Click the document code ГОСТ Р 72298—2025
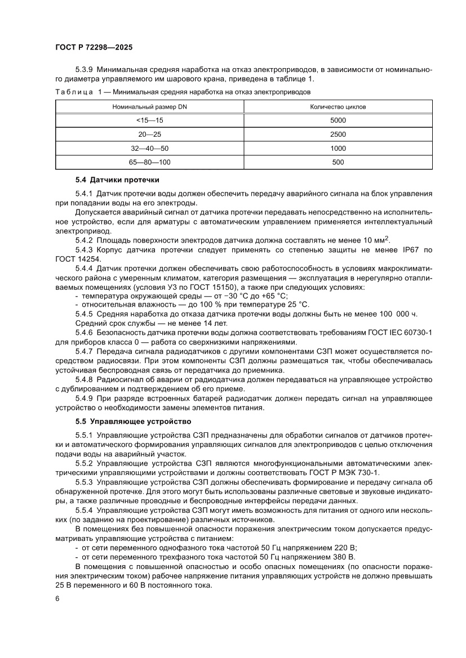[94, 48]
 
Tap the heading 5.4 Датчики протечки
[117, 180]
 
